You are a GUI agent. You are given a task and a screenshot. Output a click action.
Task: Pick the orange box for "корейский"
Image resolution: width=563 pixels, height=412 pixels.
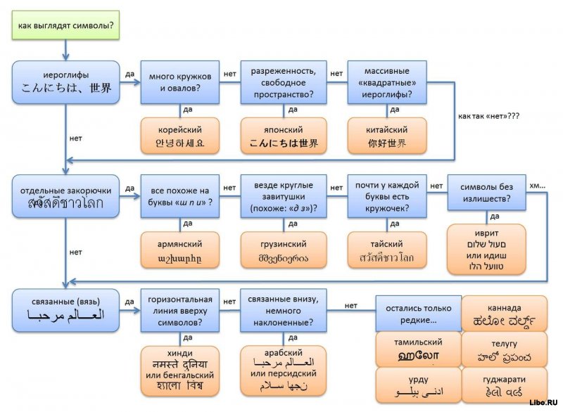click(x=179, y=136)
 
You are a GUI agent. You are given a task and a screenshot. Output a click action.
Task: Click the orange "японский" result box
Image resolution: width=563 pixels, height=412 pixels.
click(x=284, y=136)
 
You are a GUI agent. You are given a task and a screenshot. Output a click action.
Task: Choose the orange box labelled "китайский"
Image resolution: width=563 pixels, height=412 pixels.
click(x=386, y=136)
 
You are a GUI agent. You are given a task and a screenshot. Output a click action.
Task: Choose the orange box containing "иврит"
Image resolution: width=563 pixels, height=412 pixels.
click(x=486, y=249)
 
